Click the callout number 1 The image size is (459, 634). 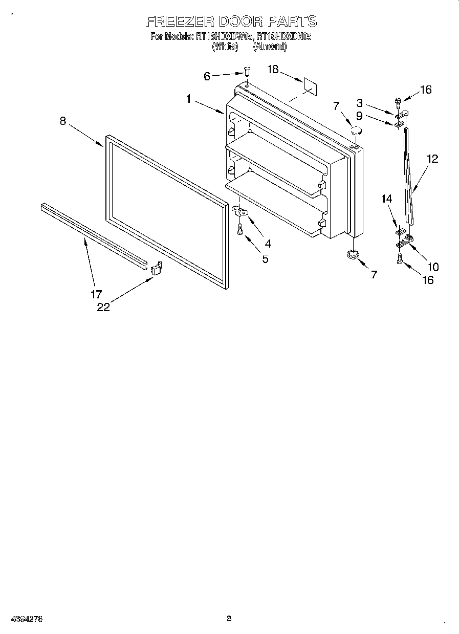click(x=188, y=99)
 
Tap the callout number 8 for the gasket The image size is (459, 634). click(x=63, y=121)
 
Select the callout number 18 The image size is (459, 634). click(x=273, y=70)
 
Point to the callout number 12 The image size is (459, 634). click(x=432, y=159)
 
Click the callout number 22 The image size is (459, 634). click(x=103, y=307)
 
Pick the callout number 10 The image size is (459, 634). click(x=432, y=267)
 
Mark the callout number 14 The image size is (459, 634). click(x=386, y=198)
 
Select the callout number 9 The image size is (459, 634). click(x=359, y=116)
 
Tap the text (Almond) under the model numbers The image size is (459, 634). click(x=270, y=47)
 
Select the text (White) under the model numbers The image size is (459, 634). click(x=225, y=47)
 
